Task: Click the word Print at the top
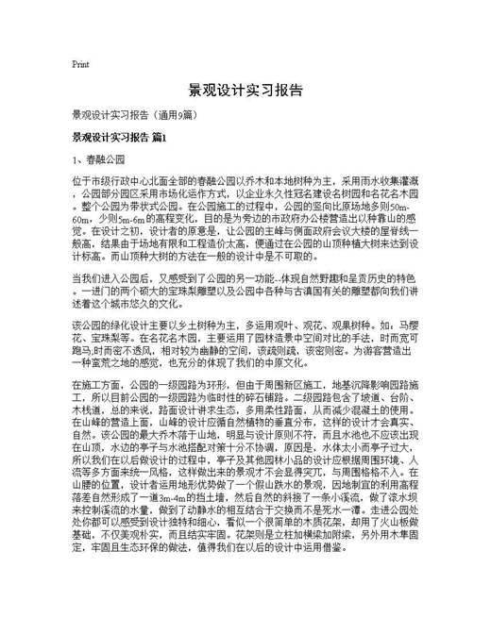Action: point(80,65)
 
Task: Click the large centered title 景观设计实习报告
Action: point(245,92)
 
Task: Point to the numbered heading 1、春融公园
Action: point(99,159)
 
